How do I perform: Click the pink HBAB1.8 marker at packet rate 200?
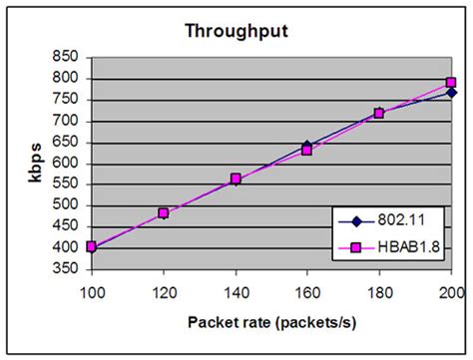(x=450, y=83)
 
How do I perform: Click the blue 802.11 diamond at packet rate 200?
(x=451, y=93)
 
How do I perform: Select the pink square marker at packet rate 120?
(x=164, y=213)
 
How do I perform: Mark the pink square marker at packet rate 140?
(x=236, y=180)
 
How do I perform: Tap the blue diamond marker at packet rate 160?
(x=307, y=146)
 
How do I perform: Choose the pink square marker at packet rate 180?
(x=379, y=114)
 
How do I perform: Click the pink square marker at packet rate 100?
(x=92, y=247)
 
